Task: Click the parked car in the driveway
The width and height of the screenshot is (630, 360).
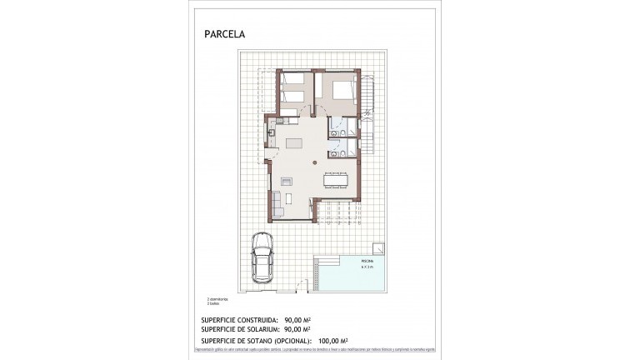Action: (x=263, y=259)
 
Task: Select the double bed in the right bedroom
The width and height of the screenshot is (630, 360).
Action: (x=342, y=89)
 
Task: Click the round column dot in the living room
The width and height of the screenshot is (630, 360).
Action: (x=314, y=162)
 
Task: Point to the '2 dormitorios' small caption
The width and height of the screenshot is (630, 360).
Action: (x=219, y=297)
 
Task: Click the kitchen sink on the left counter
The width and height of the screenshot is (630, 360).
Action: (x=272, y=132)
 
